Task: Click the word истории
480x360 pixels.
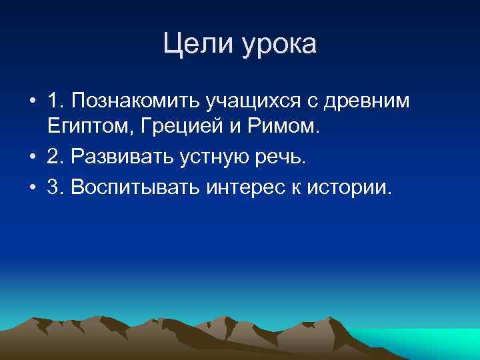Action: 347,188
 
